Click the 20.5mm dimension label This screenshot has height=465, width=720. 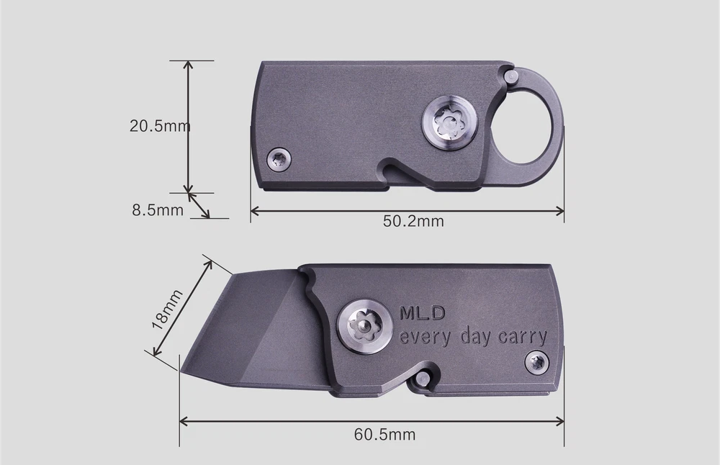159,127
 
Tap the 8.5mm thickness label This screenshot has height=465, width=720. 158,211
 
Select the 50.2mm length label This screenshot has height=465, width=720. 413,221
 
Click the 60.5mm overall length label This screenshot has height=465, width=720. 384,434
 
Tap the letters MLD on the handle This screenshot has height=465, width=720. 423,313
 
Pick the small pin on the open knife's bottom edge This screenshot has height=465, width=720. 427,376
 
